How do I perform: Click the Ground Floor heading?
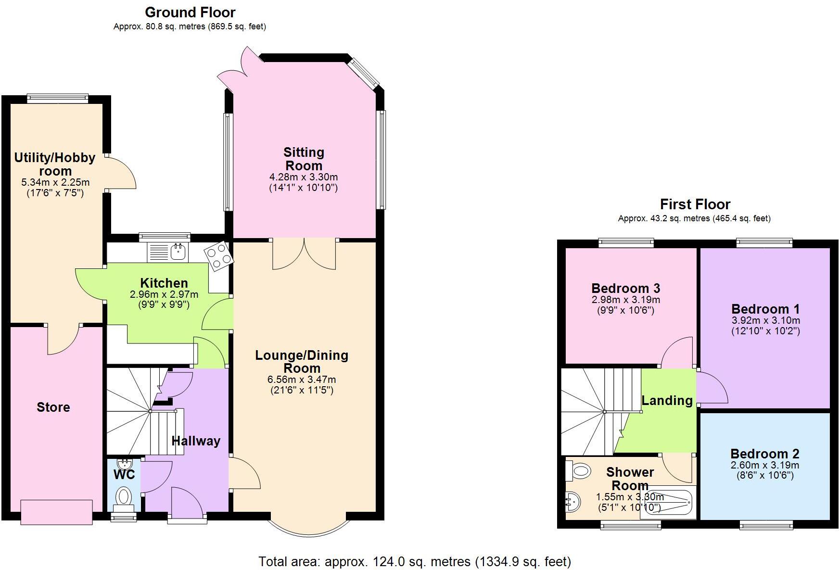coord(190,12)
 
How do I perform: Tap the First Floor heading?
coord(695,204)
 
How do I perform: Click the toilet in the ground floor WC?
coord(124,496)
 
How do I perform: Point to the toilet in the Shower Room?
coord(578,470)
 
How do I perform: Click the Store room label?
coord(53,407)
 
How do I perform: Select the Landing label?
coord(667,400)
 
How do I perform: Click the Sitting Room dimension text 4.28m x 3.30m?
coord(304,177)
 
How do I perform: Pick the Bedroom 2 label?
coord(764,454)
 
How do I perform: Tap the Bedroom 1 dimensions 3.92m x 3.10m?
coord(765,320)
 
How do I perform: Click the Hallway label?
coord(196,441)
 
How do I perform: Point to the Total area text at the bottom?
coord(414,561)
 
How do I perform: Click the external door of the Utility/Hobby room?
coord(120,173)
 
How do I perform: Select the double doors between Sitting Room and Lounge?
coord(304,253)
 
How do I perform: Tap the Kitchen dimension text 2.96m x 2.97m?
coord(164,294)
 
